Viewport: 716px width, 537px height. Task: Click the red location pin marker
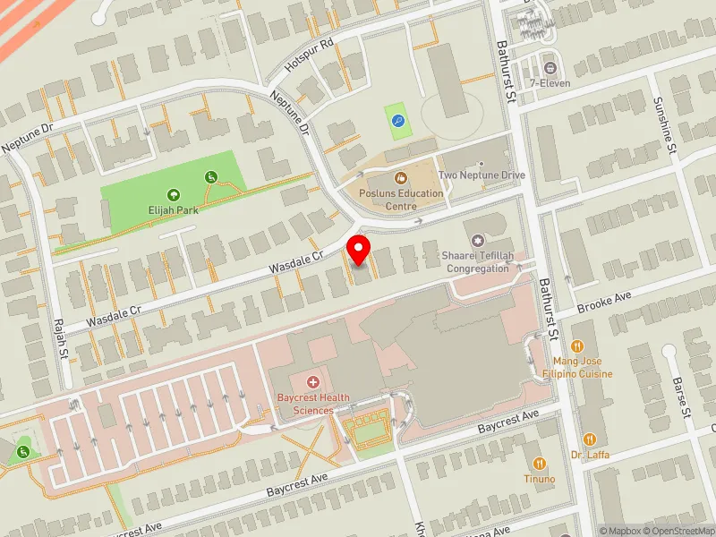(359, 250)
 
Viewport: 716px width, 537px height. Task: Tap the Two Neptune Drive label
(482, 175)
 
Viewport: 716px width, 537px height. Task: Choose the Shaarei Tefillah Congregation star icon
(477, 241)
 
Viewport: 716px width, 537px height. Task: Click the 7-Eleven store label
(550, 83)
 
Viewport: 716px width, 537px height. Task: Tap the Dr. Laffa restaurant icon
(590, 439)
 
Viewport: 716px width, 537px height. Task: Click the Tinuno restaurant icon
(540, 463)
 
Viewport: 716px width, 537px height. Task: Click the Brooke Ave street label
(604, 302)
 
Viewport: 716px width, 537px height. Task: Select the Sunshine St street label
(663, 126)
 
